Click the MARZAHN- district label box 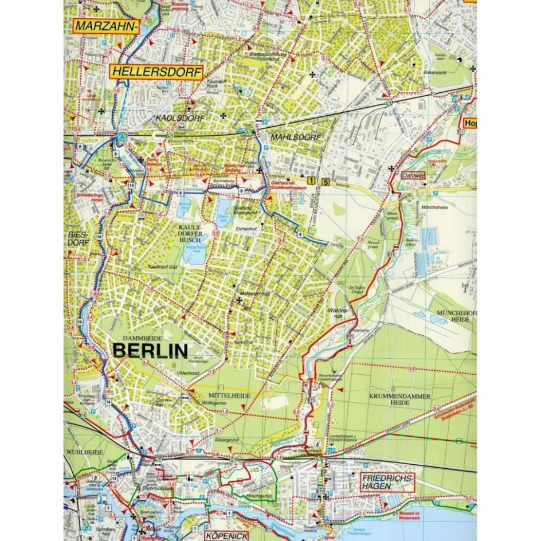coord(106,26)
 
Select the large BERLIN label coord(151,351)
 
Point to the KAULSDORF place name coord(180,117)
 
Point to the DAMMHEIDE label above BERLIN coord(139,339)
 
